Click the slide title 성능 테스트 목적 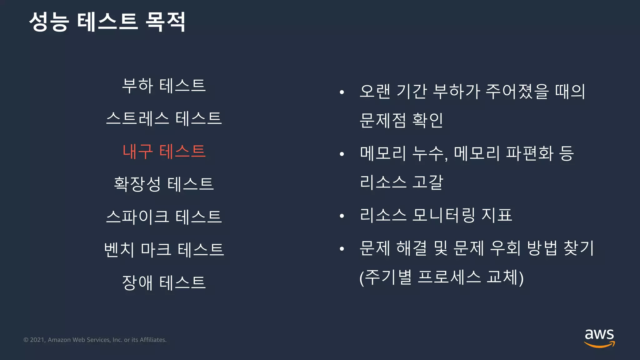coord(107,22)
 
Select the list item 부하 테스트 coord(164,86)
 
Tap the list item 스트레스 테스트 coord(164,118)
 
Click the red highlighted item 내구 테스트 coord(164,151)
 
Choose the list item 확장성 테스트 coord(164,184)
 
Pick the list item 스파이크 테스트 coord(164,217)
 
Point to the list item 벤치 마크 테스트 coord(164,249)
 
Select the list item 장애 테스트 coord(164,282)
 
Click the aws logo coord(599,338)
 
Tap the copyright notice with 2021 coord(95,340)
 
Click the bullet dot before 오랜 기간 coord(342,92)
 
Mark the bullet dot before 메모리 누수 coord(342,154)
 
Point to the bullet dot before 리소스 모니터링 coord(342,216)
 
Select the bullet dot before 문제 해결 coord(342,249)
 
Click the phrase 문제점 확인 coord(401,120)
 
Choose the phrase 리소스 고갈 coord(401,182)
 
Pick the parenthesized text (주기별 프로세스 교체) coord(441,277)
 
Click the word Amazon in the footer coord(59,340)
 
